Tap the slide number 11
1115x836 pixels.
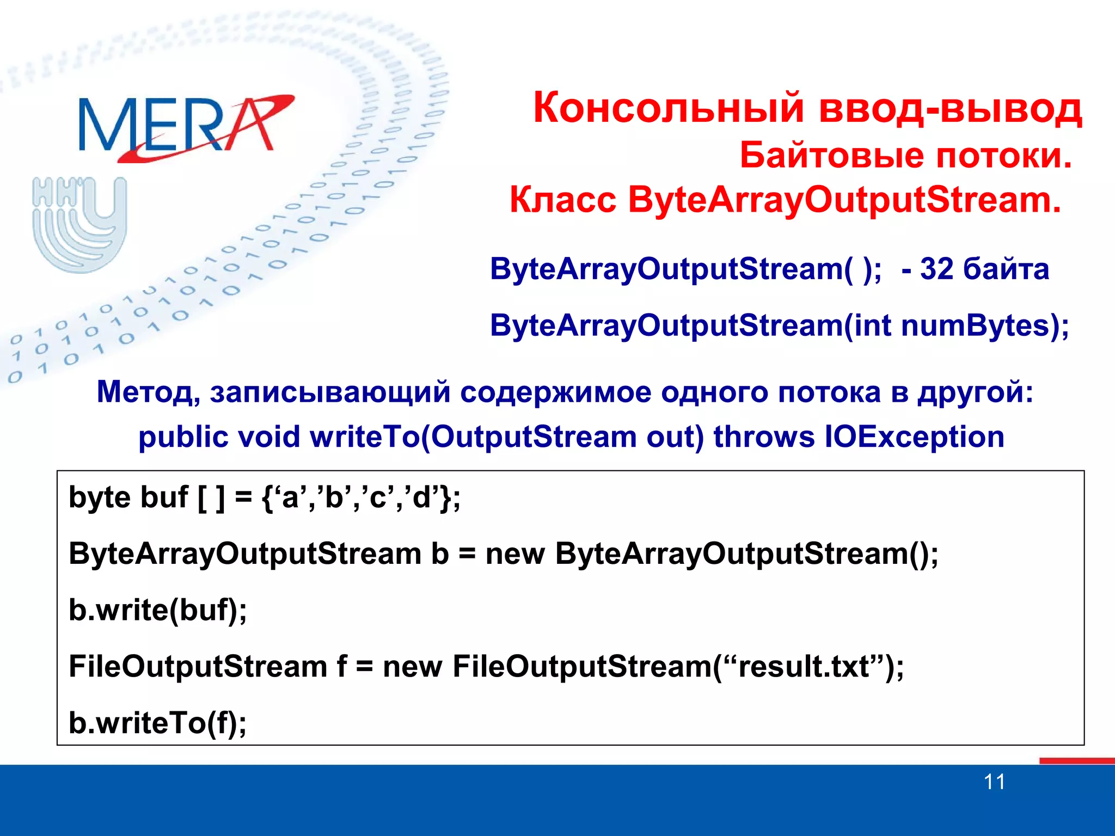coord(994,782)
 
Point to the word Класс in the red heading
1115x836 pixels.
coord(562,200)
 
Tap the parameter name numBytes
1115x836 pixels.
coord(975,326)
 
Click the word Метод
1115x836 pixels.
coord(148,392)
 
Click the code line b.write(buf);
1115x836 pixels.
coord(157,610)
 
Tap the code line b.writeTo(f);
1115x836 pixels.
coord(157,723)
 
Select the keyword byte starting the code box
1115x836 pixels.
coord(100,498)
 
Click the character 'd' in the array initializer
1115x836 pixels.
coord(421,497)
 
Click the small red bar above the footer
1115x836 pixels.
coord(1076,760)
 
